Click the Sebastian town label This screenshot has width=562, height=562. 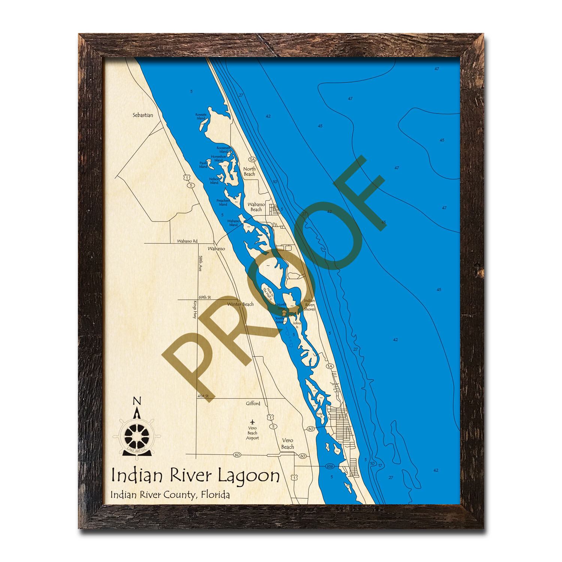click(143, 115)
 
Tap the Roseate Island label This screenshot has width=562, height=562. click(201, 117)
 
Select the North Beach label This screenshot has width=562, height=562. click(250, 172)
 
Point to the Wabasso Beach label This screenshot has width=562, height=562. click(256, 207)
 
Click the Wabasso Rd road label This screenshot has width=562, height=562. click(187, 241)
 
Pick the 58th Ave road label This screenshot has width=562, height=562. click(200, 263)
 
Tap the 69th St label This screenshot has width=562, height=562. click(205, 297)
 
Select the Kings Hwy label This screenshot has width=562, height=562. click(195, 309)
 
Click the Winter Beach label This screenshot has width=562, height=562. click(241, 304)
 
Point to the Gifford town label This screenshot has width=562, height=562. click(253, 404)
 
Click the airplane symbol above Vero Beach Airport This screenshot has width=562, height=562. click(253, 422)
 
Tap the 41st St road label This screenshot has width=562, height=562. click(203, 396)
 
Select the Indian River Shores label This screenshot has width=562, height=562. click(309, 305)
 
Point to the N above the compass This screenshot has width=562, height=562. click(137, 402)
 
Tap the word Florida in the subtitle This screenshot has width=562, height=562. click(215, 495)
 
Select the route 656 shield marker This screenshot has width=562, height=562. click(330, 466)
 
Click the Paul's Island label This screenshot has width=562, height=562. click(203, 165)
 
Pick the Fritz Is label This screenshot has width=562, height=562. click(319, 415)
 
